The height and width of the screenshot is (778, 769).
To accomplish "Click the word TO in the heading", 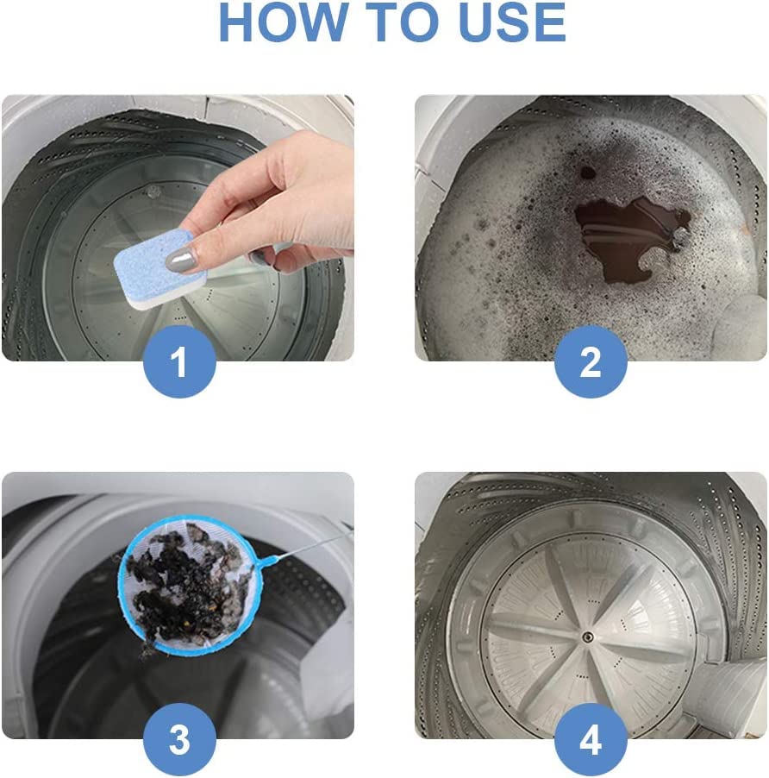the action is click(x=403, y=22).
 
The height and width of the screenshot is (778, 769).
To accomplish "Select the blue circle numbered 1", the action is click(x=179, y=361).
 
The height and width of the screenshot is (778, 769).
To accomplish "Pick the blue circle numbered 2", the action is click(x=591, y=361).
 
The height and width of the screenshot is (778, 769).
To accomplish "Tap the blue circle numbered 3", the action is click(x=179, y=739).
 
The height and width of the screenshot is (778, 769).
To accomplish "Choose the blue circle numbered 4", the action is click(x=591, y=739).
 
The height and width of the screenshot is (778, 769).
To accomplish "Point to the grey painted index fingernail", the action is click(x=181, y=260).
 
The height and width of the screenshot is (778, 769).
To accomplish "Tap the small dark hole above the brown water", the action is click(x=588, y=173).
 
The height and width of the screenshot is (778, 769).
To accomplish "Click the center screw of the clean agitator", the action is click(x=586, y=636).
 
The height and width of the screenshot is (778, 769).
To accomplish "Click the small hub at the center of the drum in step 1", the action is click(x=153, y=191).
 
